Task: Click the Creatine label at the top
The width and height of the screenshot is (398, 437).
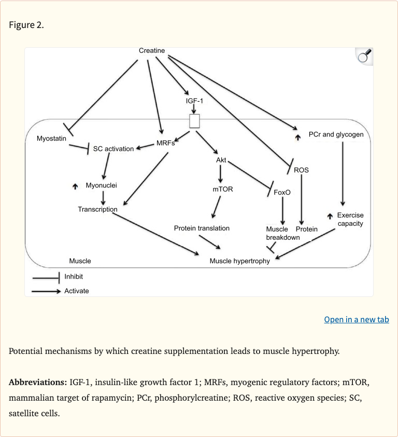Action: click(152, 50)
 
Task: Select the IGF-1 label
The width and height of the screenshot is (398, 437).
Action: click(194, 100)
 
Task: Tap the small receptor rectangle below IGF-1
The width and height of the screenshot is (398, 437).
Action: click(194, 121)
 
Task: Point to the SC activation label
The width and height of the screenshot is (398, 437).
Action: click(113, 149)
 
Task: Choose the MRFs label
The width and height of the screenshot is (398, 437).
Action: click(166, 143)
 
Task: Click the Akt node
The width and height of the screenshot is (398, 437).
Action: click(221, 160)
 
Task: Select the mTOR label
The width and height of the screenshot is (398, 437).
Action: click(223, 189)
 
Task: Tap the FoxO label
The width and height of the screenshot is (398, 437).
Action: click(282, 193)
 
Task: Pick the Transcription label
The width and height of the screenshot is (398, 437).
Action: click(97, 209)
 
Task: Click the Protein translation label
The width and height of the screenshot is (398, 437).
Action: click(202, 228)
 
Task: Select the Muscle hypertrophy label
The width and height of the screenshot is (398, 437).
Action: click(239, 261)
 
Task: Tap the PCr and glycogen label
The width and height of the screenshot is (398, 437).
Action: click(336, 134)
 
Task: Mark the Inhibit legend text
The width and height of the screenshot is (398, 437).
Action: click(74, 277)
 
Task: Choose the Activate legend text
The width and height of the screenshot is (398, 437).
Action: click(77, 291)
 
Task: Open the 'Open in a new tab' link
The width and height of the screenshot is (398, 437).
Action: click(356, 319)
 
